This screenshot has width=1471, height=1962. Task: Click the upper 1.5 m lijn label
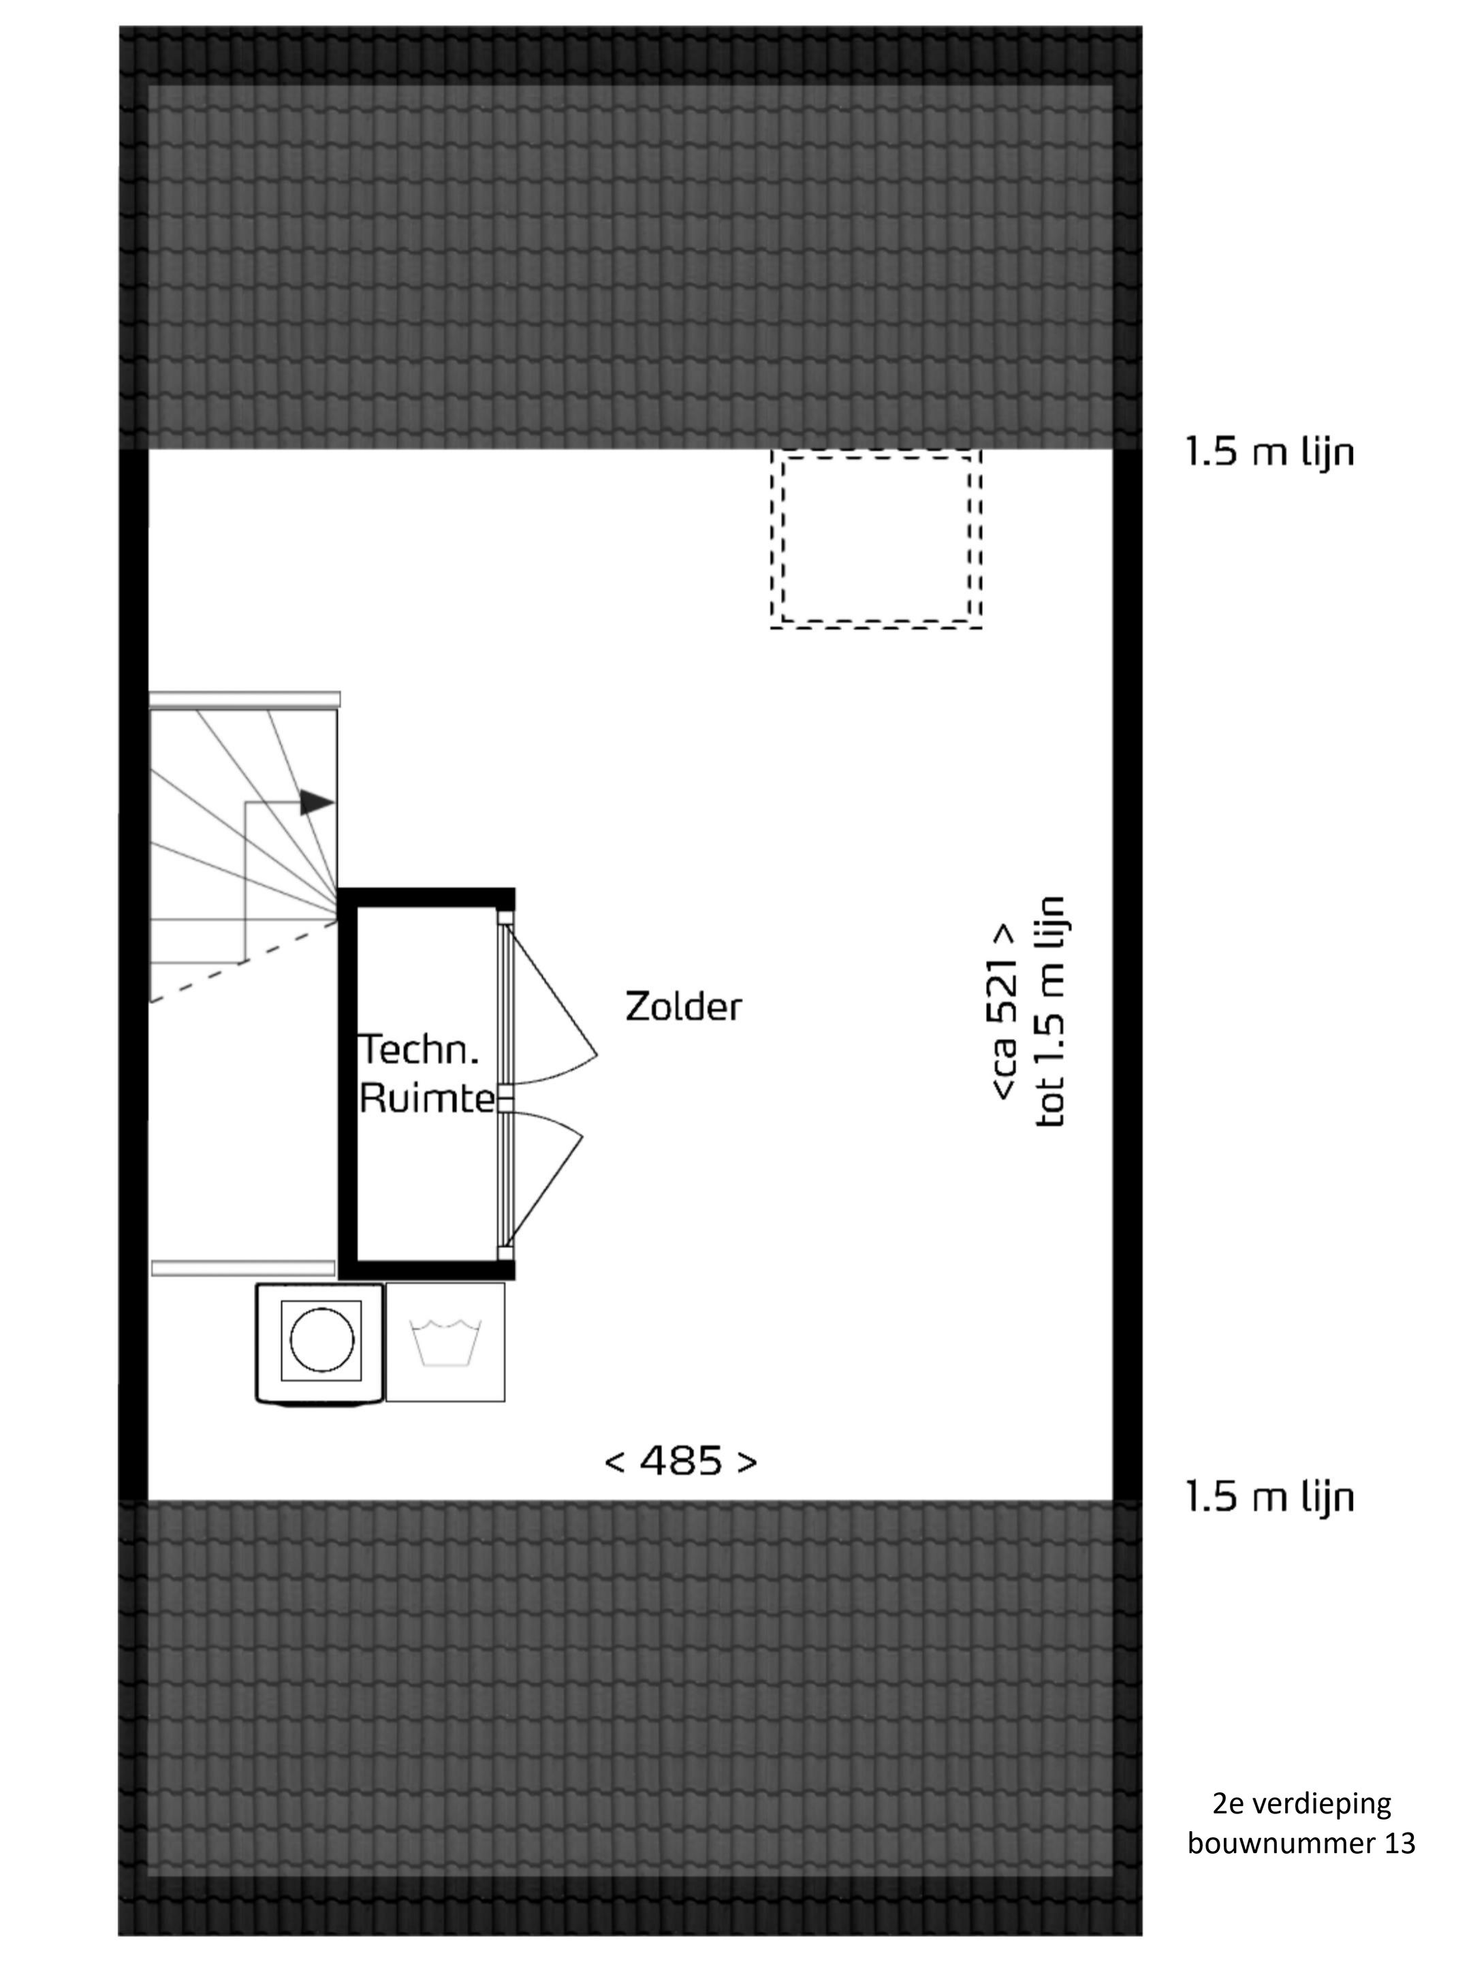pos(1269,452)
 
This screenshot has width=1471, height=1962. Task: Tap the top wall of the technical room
pos(426,897)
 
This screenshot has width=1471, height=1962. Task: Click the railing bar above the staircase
pos(244,700)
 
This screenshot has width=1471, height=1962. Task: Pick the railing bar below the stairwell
pos(244,1268)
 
